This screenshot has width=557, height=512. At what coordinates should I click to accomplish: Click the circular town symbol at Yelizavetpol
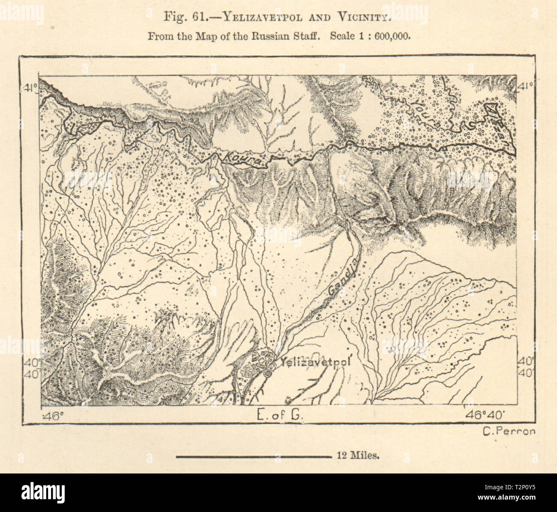268,373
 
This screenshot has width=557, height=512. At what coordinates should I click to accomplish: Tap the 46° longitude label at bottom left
55,415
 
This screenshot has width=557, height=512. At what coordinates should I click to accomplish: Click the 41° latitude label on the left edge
30,89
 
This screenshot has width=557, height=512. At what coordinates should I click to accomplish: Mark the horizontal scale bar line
253,457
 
